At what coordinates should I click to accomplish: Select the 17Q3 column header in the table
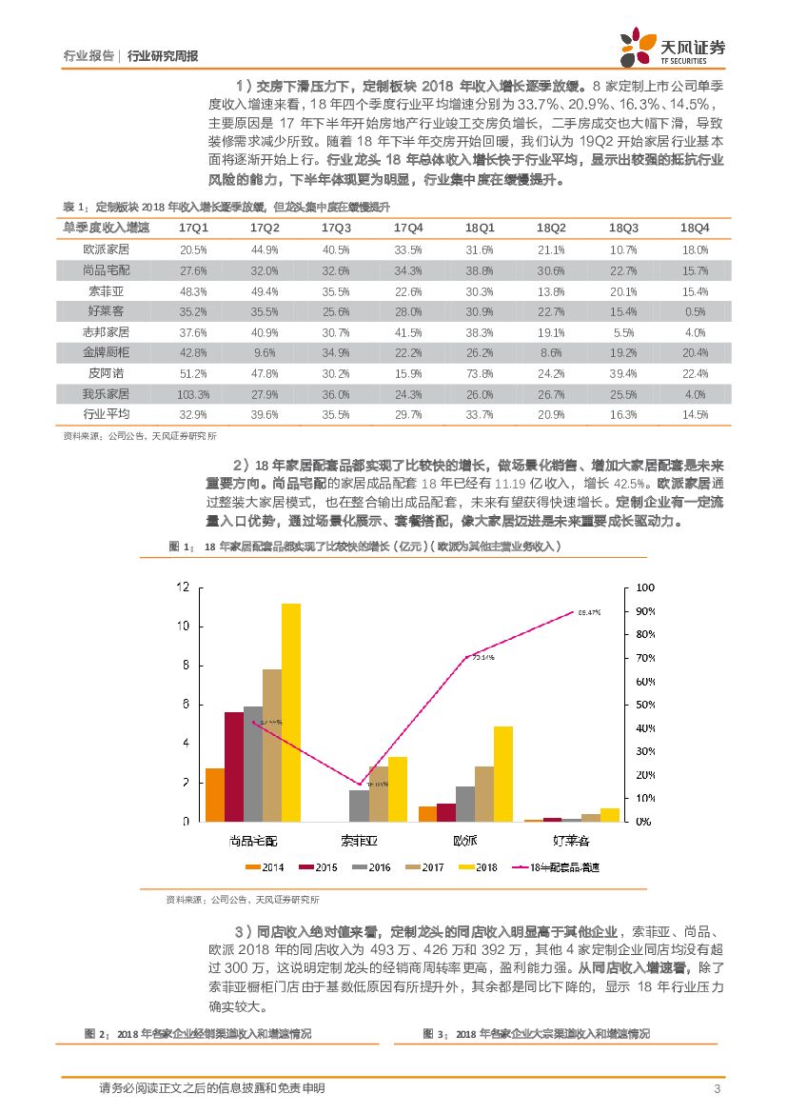coord(336,229)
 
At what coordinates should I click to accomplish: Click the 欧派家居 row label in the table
coord(106,249)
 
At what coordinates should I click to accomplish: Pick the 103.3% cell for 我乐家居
coord(193,393)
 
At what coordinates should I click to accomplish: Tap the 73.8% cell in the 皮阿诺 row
coord(480,373)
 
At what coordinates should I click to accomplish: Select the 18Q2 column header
coord(551,229)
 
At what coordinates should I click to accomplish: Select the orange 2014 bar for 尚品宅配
coord(215,794)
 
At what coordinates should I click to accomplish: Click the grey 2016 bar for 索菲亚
coord(359,806)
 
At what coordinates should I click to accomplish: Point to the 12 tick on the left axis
coord(183,587)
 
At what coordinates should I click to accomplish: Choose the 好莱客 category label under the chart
coord(571,841)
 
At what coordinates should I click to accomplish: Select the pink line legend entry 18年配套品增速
coord(552,867)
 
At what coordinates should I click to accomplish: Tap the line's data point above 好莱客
coord(572,611)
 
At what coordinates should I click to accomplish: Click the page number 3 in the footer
coord(717,1089)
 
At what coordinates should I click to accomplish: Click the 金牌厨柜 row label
coord(106,352)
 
